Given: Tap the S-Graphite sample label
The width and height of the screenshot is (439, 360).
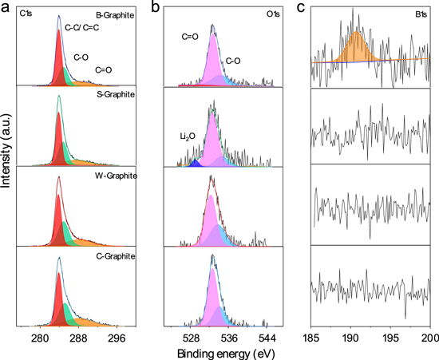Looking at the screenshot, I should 114,95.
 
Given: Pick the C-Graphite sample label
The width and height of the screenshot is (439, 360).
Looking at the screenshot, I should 114,255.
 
